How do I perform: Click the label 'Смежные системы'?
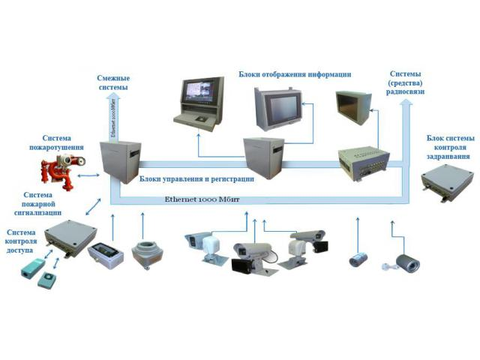point(113,82)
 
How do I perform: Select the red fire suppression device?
point(57,177)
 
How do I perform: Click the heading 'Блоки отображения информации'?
point(295,74)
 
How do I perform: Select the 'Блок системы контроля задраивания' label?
point(450,147)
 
